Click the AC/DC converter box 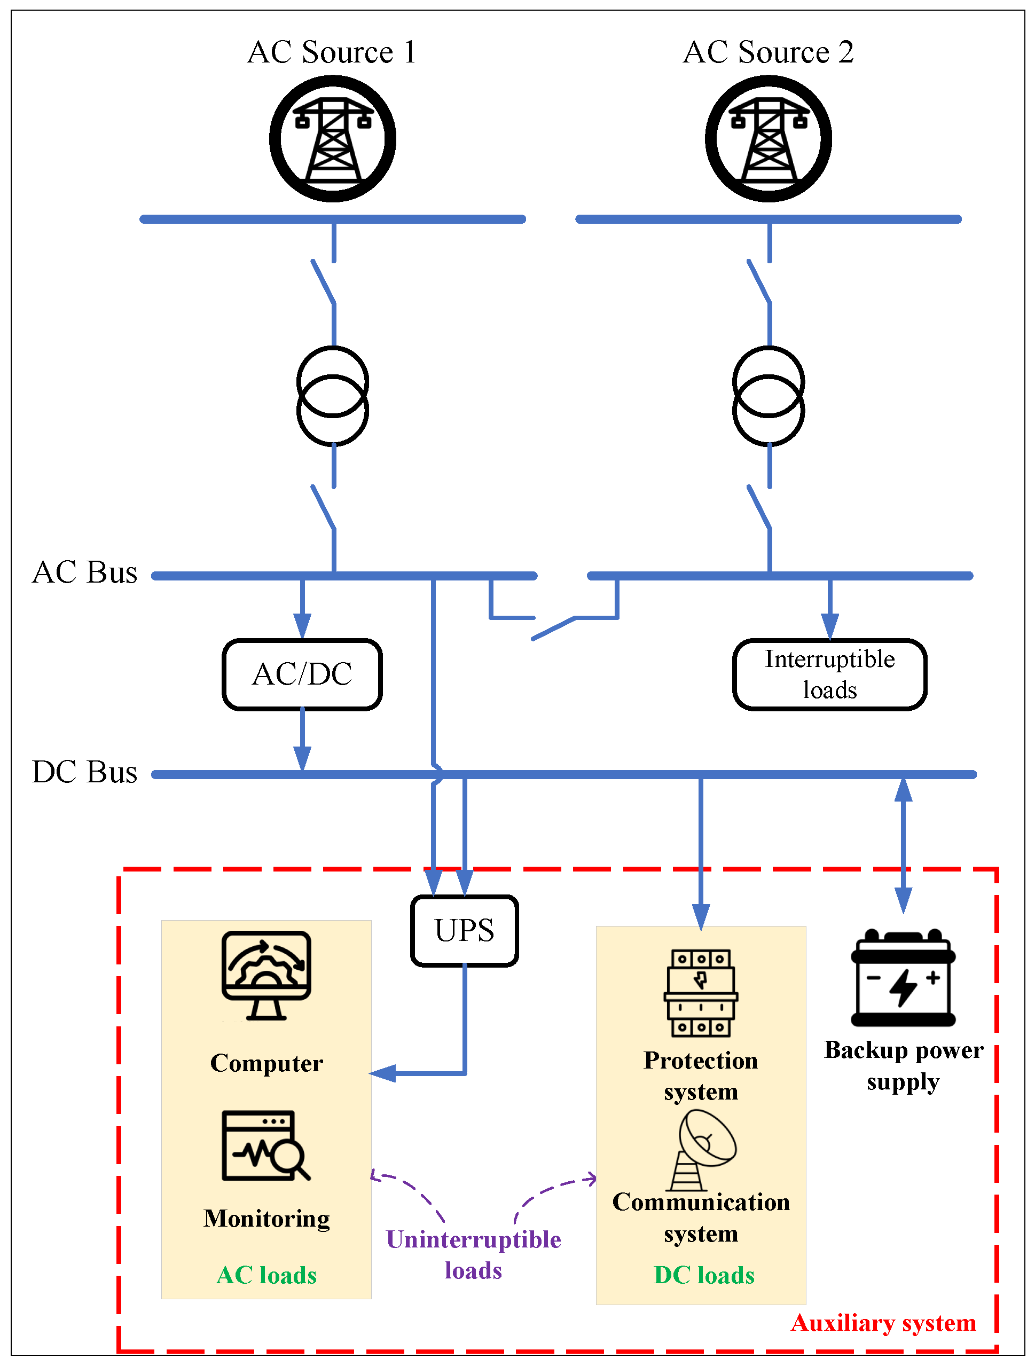point(302,674)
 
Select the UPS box point(465,931)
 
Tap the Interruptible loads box point(829,674)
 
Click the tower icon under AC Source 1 point(333,139)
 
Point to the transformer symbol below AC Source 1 point(333,396)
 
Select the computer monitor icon point(266,976)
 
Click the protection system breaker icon point(701,993)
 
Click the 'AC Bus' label point(84,572)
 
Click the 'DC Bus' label point(84,772)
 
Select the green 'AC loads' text point(266,1275)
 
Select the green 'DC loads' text point(704,1275)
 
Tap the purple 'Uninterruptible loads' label point(473,1255)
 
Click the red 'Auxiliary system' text point(883,1323)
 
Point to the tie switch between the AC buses point(554,627)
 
